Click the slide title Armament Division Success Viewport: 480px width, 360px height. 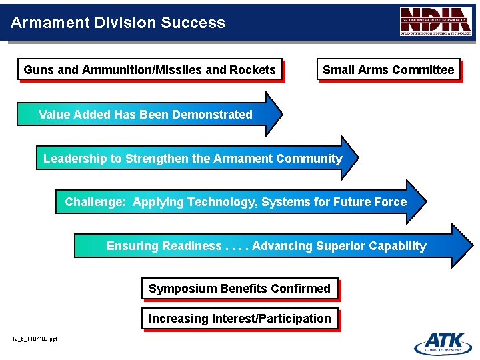pos(118,23)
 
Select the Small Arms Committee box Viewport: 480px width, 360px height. pos(388,69)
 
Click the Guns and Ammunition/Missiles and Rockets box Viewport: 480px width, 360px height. pos(149,69)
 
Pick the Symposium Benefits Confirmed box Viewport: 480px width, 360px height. pos(239,289)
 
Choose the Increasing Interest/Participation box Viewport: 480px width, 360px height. pos(239,319)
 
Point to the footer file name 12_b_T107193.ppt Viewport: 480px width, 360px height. pos(35,339)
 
